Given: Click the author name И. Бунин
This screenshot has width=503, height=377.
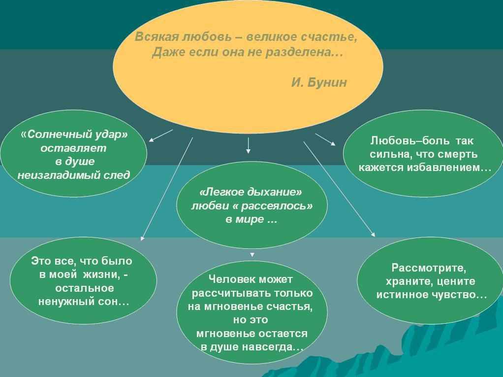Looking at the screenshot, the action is (319, 82).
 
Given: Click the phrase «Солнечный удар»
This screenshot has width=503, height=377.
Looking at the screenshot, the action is (74, 134).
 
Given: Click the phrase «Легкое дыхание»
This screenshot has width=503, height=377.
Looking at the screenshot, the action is (251, 192).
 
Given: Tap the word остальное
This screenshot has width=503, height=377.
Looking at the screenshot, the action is (84, 288).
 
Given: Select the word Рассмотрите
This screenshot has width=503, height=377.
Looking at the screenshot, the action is (429, 268).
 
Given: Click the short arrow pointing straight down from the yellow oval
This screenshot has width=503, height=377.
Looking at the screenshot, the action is (248, 145).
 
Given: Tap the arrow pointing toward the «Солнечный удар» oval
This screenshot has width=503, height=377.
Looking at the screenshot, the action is (161, 136).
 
